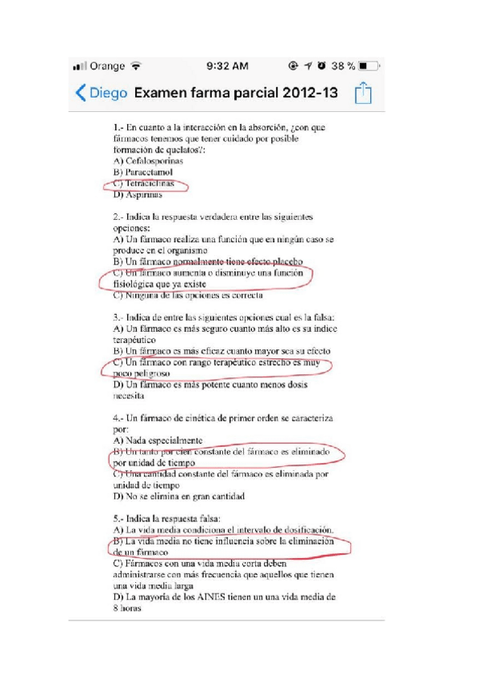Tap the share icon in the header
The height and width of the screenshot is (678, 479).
click(x=364, y=93)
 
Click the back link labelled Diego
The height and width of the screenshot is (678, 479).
click(x=102, y=93)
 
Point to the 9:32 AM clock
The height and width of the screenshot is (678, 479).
click(x=227, y=65)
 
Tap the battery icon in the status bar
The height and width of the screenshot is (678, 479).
click(x=369, y=65)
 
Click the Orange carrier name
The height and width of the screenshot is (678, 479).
click(x=108, y=65)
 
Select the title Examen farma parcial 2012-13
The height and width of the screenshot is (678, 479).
click(x=236, y=93)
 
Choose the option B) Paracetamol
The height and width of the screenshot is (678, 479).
click(x=144, y=171)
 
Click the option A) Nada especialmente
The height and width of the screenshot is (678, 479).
click(x=158, y=441)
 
